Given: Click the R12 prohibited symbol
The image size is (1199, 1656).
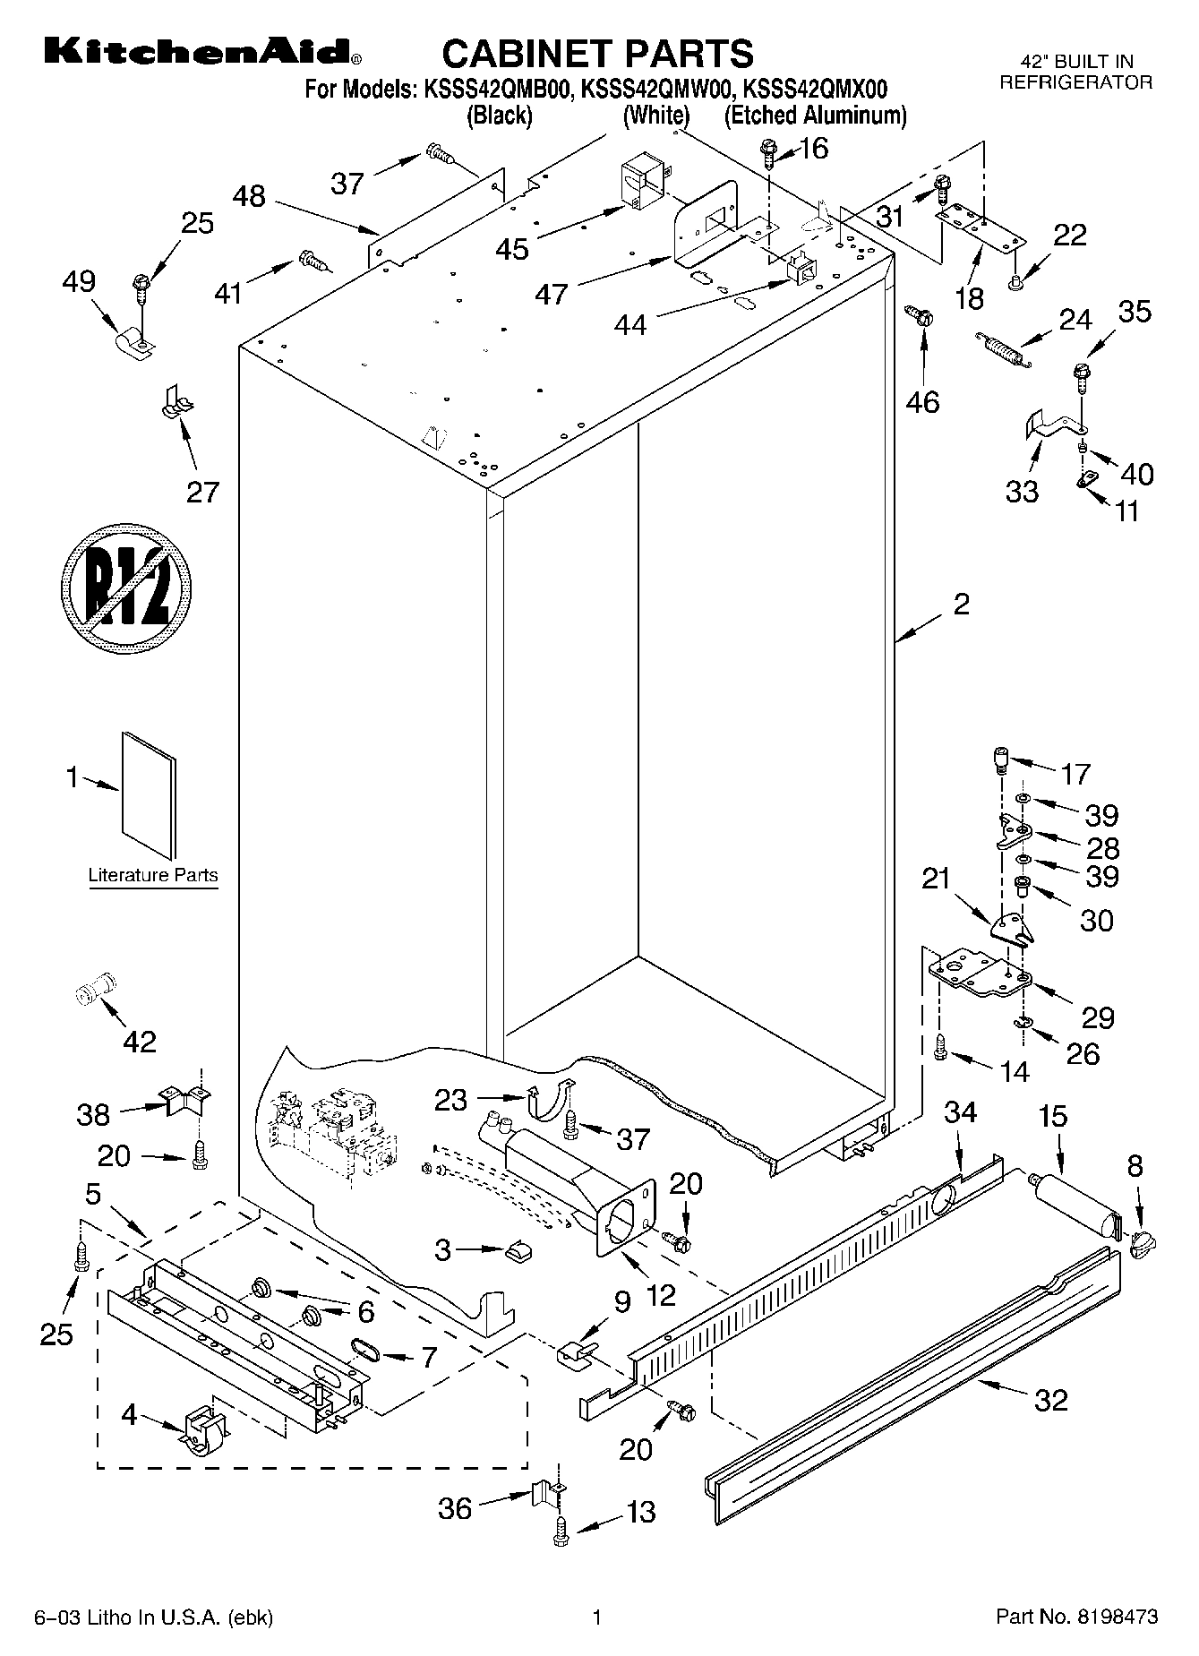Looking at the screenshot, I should (x=127, y=594).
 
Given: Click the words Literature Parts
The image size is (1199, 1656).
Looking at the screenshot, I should (x=153, y=875).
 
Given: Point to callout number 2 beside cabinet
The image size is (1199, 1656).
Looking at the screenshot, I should (x=961, y=605).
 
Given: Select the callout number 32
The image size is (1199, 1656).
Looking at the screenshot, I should (x=1051, y=1399).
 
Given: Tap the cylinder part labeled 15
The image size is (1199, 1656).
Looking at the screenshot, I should (x=1075, y=1205).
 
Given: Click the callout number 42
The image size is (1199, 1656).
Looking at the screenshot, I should (x=139, y=1041).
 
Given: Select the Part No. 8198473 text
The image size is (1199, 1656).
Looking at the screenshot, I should (x=1077, y=1617).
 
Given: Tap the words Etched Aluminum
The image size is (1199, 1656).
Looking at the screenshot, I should (x=815, y=116).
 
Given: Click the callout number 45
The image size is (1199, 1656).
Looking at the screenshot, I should (x=512, y=248).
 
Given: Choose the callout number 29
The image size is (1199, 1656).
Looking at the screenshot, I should (x=1098, y=1017).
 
